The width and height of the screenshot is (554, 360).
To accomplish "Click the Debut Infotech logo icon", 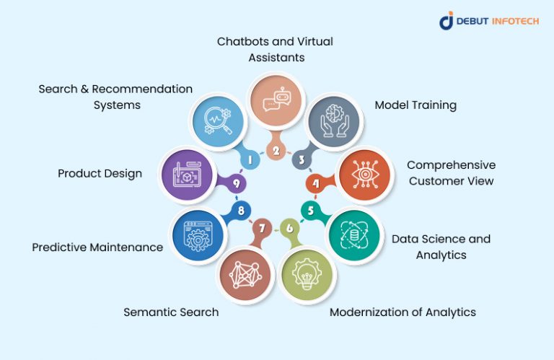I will click(x=447, y=21).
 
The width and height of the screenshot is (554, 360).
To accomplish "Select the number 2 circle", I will click(x=275, y=150).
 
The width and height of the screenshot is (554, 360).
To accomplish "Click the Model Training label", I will click(x=415, y=105).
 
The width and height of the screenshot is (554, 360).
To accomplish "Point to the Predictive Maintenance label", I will click(x=97, y=247).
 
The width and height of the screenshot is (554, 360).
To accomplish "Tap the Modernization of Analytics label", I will click(x=403, y=312).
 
